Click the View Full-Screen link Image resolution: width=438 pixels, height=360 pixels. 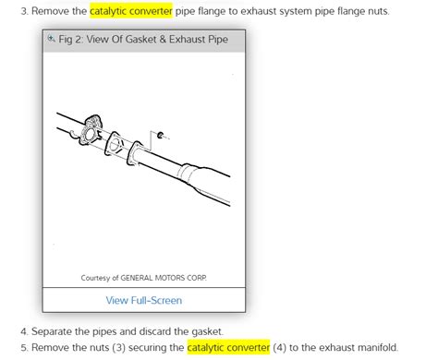pyautogui.click(x=144, y=300)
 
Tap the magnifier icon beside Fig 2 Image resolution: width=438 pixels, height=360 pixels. pyautogui.click(x=51, y=39)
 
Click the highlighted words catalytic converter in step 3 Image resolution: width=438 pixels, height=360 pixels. pyautogui.click(x=131, y=11)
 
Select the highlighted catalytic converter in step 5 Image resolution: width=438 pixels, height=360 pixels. pyautogui.click(x=228, y=347)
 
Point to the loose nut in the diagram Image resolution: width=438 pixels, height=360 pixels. pyautogui.click(x=160, y=135)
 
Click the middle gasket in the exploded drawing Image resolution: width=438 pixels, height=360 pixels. pyautogui.click(x=115, y=144)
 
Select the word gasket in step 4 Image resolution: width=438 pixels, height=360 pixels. pyautogui.click(x=207, y=331)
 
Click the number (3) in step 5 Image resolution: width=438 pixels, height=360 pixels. pyautogui.click(x=118, y=348)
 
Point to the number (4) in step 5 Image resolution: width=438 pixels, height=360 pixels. pyautogui.click(x=280, y=348)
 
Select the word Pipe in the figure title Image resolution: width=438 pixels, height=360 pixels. pyautogui.click(x=218, y=40)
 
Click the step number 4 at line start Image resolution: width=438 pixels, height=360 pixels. pyautogui.click(x=24, y=331)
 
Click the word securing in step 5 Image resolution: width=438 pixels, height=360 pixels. pyautogui.click(x=156, y=348)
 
